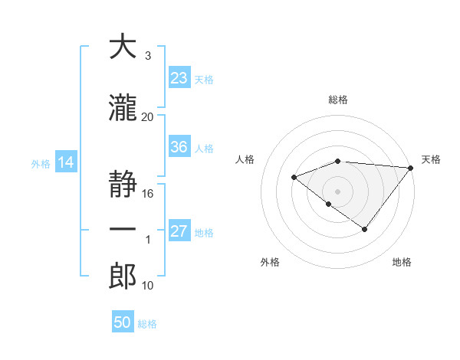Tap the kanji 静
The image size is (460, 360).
(x=123, y=184)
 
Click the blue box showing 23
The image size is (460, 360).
(x=179, y=78)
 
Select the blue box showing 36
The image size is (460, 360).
(x=179, y=147)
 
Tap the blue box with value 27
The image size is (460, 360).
(x=179, y=231)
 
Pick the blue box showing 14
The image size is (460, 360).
(x=65, y=162)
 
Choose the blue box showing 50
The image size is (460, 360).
(x=123, y=322)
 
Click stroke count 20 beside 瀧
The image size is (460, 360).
(x=148, y=116)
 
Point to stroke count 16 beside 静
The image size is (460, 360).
(x=148, y=194)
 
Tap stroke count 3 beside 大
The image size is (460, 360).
(x=148, y=56)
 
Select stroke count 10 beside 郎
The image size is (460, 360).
(x=148, y=286)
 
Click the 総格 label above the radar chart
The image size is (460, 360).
(x=337, y=100)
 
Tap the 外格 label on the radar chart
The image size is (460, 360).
(x=269, y=262)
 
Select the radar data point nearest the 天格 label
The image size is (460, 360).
(x=412, y=168)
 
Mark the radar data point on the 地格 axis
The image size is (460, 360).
(x=365, y=229)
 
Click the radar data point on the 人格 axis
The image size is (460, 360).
(x=294, y=178)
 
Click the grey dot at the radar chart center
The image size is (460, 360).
(x=337, y=191)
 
